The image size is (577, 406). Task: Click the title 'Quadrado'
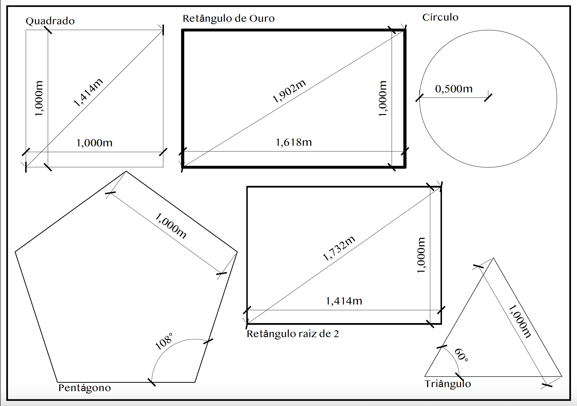50,21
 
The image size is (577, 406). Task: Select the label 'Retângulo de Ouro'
229,19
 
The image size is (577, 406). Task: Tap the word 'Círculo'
440,17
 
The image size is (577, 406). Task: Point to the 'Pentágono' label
84,388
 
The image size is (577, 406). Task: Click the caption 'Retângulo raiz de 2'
293,334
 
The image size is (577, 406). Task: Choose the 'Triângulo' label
448,384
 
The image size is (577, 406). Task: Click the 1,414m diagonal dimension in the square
88,92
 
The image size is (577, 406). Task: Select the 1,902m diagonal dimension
289,91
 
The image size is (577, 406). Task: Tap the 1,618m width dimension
294,142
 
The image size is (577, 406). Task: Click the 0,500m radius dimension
454,89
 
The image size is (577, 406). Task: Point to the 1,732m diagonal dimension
339,248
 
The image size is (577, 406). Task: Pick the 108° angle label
164,341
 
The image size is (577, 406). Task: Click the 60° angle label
461,355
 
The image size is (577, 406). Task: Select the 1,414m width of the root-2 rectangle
344,301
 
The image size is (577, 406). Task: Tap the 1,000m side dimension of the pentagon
171,226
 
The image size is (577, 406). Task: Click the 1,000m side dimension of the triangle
520,321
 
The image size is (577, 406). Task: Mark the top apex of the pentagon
126,171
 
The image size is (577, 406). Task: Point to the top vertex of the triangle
493,258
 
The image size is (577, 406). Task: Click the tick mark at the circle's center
488,97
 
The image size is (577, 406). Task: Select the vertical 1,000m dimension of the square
39,98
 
